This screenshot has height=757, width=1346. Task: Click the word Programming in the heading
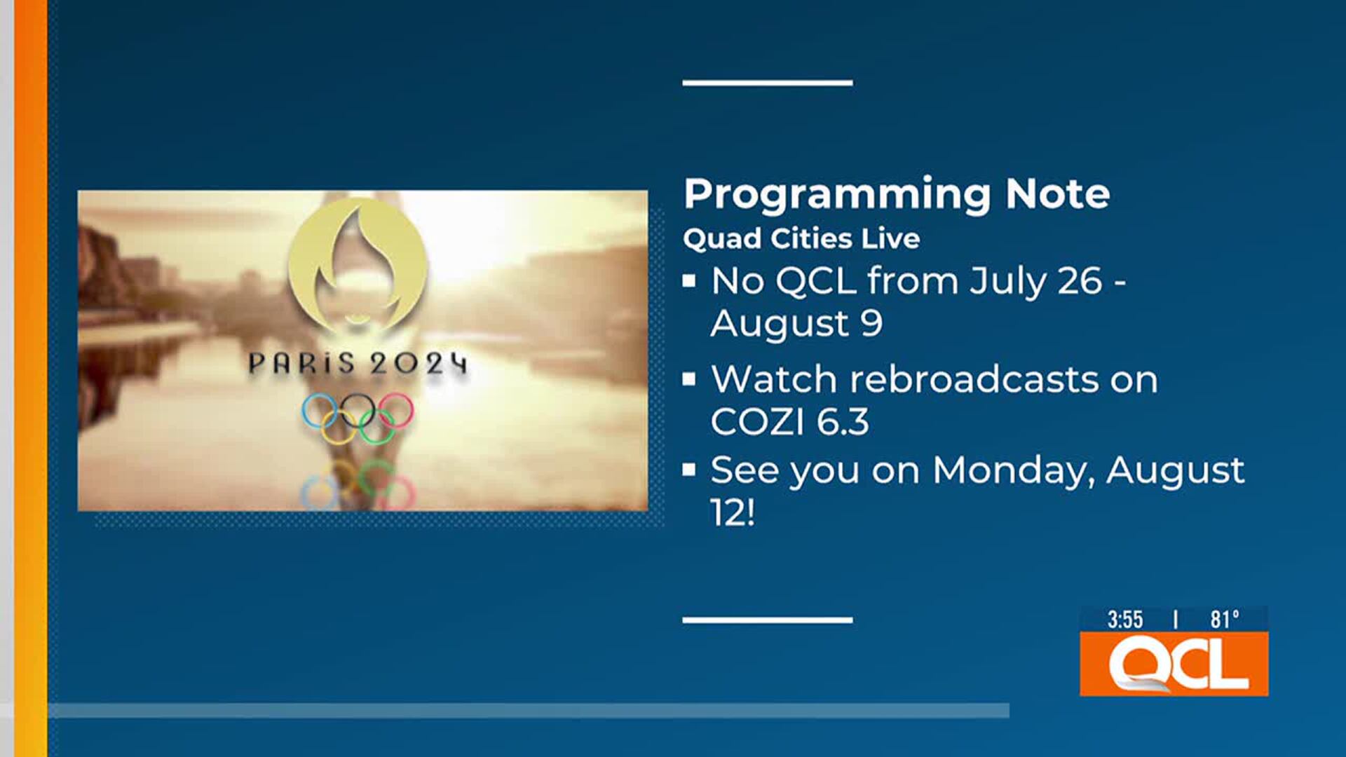click(x=837, y=194)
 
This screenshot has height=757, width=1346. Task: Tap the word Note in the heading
click(x=1057, y=193)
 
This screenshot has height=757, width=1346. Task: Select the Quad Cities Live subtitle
click(x=801, y=239)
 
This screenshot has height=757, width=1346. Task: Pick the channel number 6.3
click(x=843, y=422)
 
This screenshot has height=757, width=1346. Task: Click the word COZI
click(x=757, y=422)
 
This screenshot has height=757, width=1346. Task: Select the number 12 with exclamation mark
click(x=732, y=512)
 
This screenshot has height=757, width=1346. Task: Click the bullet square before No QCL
click(x=689, y=281)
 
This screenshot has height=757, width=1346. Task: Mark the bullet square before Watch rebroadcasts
click(x=689, y=379)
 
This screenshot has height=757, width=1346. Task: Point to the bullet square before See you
click(x=689, y=470)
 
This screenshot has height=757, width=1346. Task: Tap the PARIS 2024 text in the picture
click(x=358, y=364)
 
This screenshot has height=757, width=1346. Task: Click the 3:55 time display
click(x=1124, y=620)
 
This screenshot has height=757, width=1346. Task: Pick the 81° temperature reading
click(x=1224, y=620)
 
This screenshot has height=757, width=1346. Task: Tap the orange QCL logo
click(x=1174, y=664)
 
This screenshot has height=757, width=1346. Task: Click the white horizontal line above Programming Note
click(x=767, y=83)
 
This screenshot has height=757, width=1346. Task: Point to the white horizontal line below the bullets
click(x=767, y=620)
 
